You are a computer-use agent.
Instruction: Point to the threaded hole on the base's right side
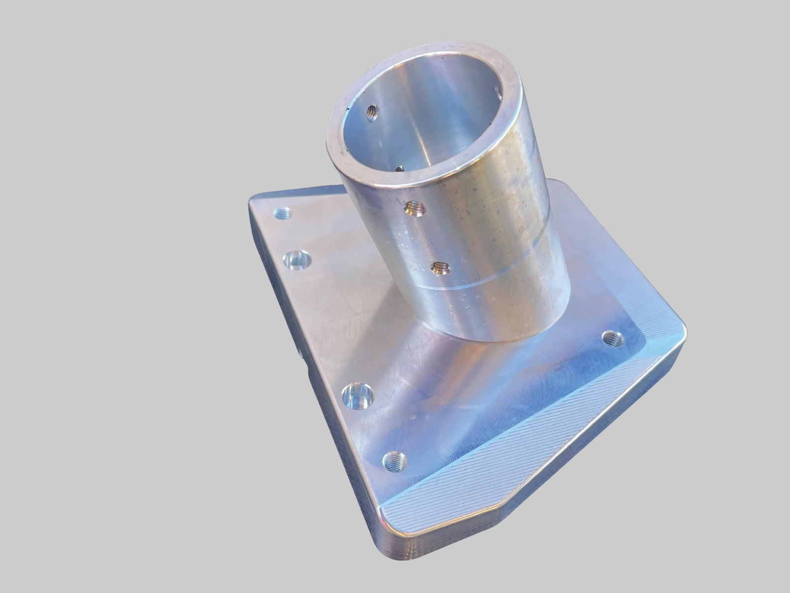[x=612, y=338]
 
